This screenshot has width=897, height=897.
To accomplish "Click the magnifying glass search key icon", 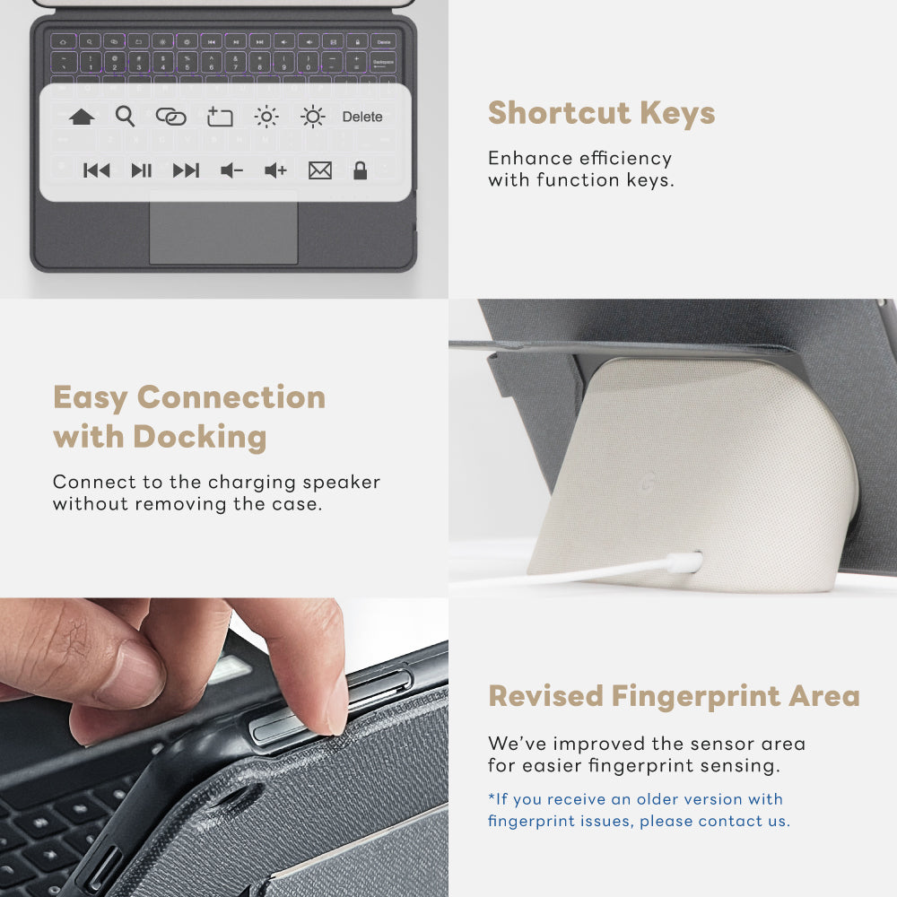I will click(125, 116).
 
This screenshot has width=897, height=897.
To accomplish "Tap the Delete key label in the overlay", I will click(362, 117).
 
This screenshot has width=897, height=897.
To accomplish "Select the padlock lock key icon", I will click(360, 170).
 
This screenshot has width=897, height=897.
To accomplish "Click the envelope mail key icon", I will click(319, 170).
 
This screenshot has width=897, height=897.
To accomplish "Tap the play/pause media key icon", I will click(141, 170).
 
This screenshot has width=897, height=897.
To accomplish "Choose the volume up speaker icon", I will click(275, 170).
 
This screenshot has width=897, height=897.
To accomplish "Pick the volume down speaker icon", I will click(231, 170).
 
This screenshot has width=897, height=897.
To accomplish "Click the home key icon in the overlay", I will click(82, 117).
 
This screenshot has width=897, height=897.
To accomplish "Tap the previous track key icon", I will click(96, 170).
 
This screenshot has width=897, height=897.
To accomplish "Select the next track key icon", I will click(186, 170).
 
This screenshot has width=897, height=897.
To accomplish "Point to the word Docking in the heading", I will click(200, 437).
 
